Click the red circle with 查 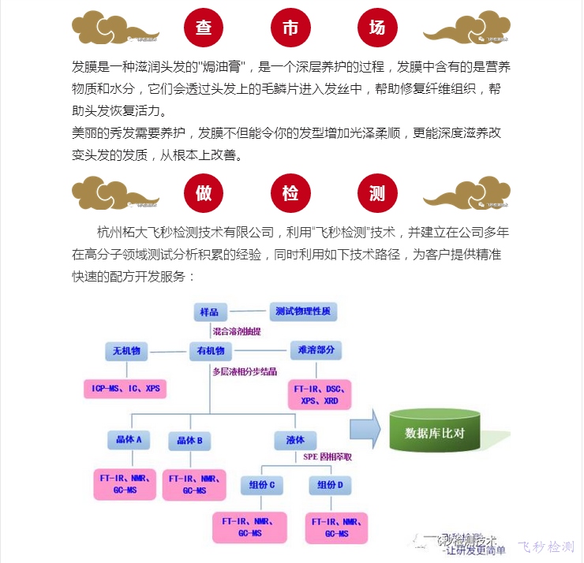(204, 28)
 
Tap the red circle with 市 (290, 28)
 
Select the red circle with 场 (377, 28)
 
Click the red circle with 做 (204, 192)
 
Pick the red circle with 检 (290, 192)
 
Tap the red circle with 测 (377, 192)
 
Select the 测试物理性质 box (304, 311)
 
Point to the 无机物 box (127, 351)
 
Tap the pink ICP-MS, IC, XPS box (125, 389)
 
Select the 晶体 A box (127, 440)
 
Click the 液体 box (284, 440)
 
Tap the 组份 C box (260, 485)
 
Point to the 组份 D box (330, 485)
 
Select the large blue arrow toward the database (365, 431)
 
